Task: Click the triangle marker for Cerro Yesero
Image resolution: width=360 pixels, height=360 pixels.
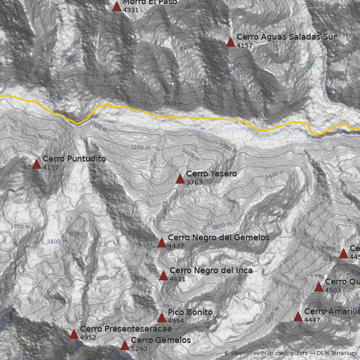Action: tap(180, 179)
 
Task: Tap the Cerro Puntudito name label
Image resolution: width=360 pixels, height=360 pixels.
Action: tap(74, 159)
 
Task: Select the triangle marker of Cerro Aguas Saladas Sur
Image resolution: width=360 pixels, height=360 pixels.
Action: tap(230, 42)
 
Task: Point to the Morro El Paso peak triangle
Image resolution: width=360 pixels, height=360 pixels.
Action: tap(117, 6)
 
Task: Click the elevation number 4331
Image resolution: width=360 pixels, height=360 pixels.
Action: tap(130, 9)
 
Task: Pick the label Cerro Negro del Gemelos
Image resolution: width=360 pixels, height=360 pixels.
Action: tap(218, 237)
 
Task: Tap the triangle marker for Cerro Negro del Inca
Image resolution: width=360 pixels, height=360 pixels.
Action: tap(163, 276)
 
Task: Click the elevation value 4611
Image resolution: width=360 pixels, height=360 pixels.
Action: tap(177, 279)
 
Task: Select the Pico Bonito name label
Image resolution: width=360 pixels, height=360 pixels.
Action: tap(190, 312)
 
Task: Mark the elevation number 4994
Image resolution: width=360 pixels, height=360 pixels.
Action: tap(175, 321)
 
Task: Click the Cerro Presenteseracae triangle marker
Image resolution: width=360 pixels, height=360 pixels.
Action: tap(74, 334)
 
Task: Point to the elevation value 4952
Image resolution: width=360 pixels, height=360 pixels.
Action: tap(88, 337)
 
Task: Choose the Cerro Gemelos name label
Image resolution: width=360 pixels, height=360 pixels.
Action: tap(161, 340)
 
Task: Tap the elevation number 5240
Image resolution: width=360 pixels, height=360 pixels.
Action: tap(139, 348)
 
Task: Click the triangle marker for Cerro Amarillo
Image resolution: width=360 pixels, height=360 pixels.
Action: tap(298, 317)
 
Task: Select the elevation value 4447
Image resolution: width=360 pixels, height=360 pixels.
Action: tap(312, 320)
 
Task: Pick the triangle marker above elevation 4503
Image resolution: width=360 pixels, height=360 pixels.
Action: tap(319, 287)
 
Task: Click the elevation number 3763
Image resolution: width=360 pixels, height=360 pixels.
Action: tap(194, 182)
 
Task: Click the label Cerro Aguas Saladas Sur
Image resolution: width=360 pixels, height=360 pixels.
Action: tap(286, 37)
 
